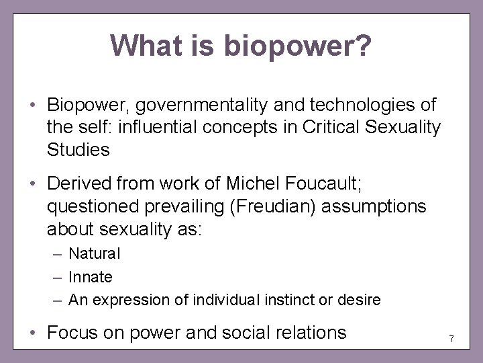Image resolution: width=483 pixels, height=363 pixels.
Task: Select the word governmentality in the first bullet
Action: (x=203, y=106)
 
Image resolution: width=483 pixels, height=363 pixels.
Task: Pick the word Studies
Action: (x=78, y=149)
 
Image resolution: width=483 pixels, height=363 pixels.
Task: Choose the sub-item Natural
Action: (x=95, y=254)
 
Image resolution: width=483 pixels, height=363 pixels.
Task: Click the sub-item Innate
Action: (x=91, y=276)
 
